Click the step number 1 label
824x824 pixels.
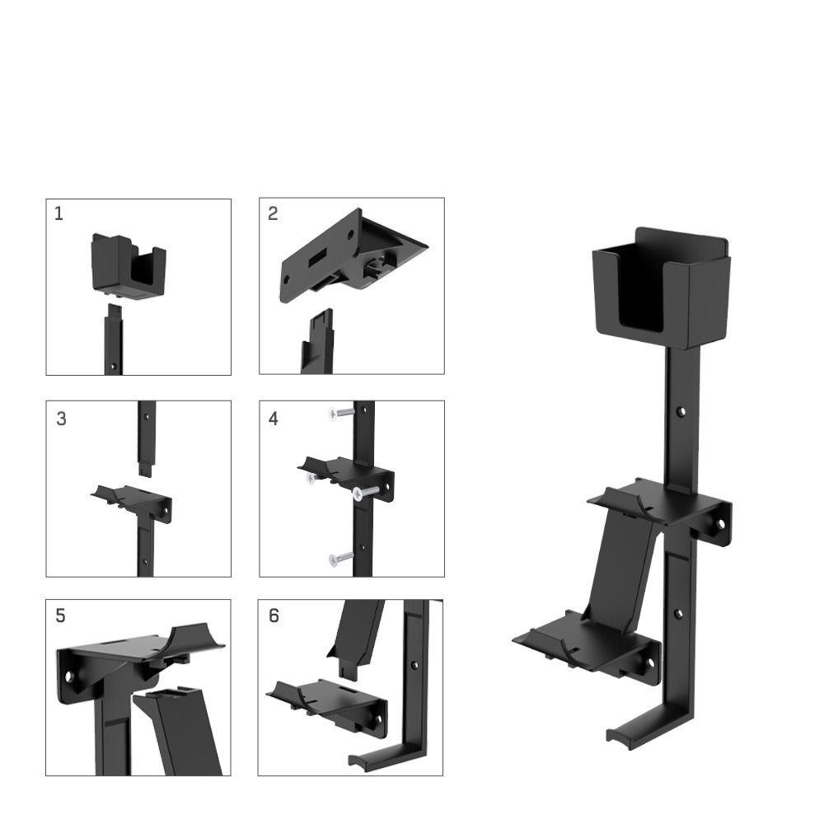coord(59,214)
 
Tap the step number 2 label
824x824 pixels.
coord(273,214)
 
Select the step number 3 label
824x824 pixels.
coord(62,419)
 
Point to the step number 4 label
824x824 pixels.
coord(274,419)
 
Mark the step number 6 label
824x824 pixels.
coord(274,616)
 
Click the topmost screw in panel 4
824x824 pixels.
coord(339,413)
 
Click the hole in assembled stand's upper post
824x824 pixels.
coord(681,410)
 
